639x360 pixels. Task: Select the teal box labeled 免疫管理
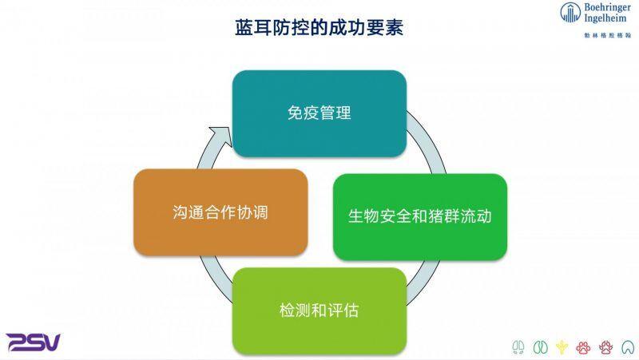click(x=319, y=113)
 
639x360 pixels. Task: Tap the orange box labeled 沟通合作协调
click(x=220, y=212)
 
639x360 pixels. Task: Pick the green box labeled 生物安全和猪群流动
click(x=419, y=216)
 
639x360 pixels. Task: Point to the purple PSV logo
click(x=34, y=342)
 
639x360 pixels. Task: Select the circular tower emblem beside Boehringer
click(x=570, y=13)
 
